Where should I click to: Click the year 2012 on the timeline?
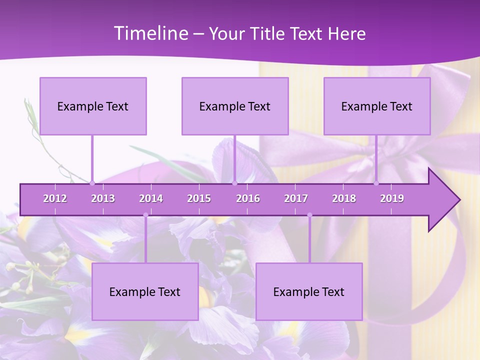point(55,198)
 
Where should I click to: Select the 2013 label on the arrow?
point(103,198)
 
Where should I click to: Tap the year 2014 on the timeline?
point(151,198)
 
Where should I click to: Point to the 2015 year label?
point(199,198)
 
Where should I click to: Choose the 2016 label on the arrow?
point(248,198)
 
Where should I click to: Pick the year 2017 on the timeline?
point(296,198)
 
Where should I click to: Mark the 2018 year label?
point(344,198)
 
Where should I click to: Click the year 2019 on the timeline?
point(392,198)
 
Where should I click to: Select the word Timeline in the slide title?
point(150,33)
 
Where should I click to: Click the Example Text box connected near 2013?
point(93,106)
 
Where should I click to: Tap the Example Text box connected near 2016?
point(235,106)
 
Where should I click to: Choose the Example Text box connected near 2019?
point(377,106)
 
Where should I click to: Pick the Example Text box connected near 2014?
point(145,291)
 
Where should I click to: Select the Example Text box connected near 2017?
point(309,291)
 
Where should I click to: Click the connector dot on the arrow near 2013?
point(92,183)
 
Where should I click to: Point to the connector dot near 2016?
point(234,183)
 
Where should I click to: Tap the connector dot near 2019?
point(376,183)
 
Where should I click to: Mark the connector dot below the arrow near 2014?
point(145,215)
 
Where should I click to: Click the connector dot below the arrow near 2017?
point(309,215)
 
